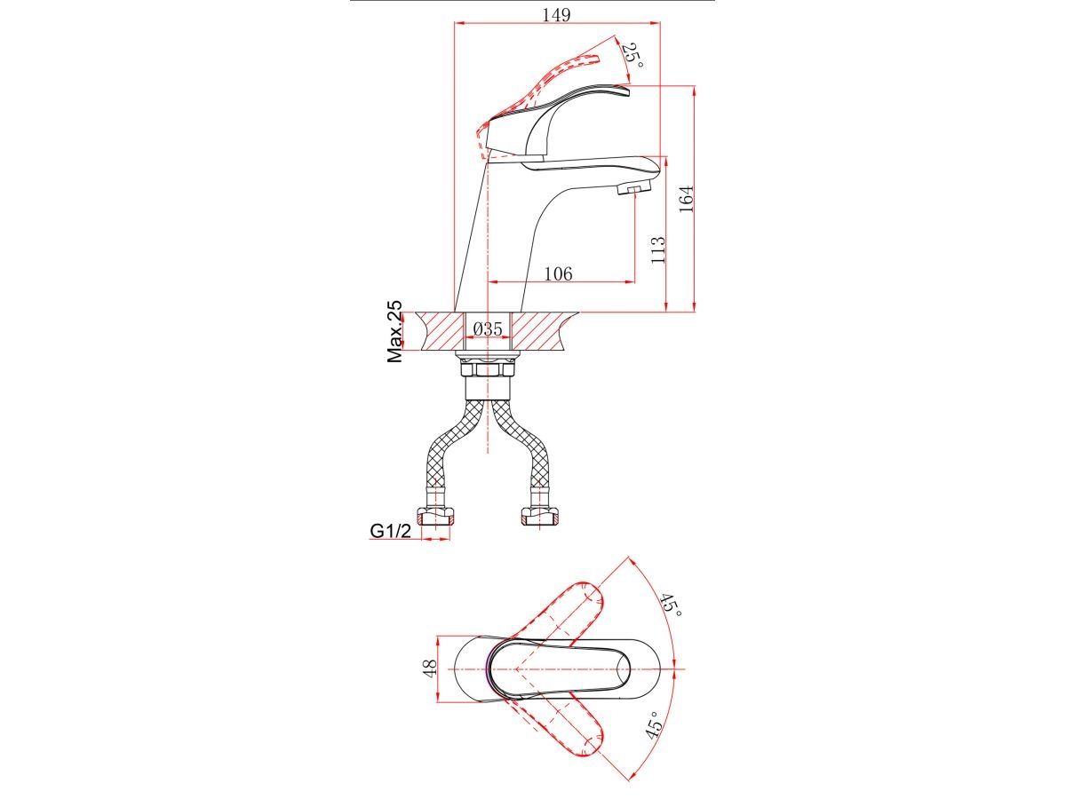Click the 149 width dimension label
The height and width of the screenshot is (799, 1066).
pos(556,15)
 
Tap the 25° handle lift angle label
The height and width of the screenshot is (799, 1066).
pos(633,56)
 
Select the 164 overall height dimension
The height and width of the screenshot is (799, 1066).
pos(686,198)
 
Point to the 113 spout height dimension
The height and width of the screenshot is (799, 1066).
pos(657,249)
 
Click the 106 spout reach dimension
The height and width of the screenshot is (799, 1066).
pos(558,273)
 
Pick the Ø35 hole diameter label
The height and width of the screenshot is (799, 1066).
pos(487,329)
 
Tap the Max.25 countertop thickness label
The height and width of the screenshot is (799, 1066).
pos(394,332)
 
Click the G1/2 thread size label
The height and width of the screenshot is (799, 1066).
pos(391,531)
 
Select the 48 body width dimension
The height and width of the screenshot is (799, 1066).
pos(430,668)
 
